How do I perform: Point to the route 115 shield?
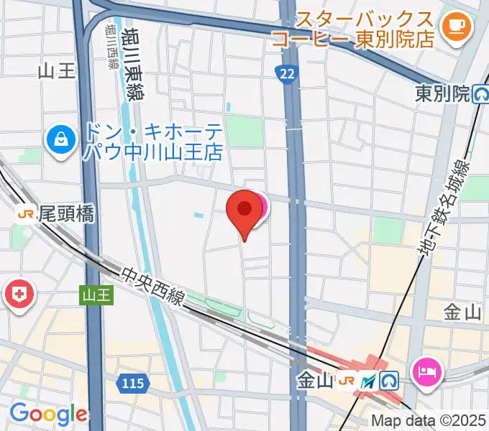tap(133, 384)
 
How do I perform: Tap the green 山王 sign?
tap(96, 295)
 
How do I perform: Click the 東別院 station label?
tap(442, 93)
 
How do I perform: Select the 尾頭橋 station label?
tap(66, 213)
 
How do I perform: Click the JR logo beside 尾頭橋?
tap(26, 213)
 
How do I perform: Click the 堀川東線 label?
tap(132, 65)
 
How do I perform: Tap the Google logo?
tap(47, 414)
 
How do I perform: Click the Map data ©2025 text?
tap(429, 421)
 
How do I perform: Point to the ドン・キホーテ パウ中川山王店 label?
tap(152, 142)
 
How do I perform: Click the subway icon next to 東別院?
tap(480, 94)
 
